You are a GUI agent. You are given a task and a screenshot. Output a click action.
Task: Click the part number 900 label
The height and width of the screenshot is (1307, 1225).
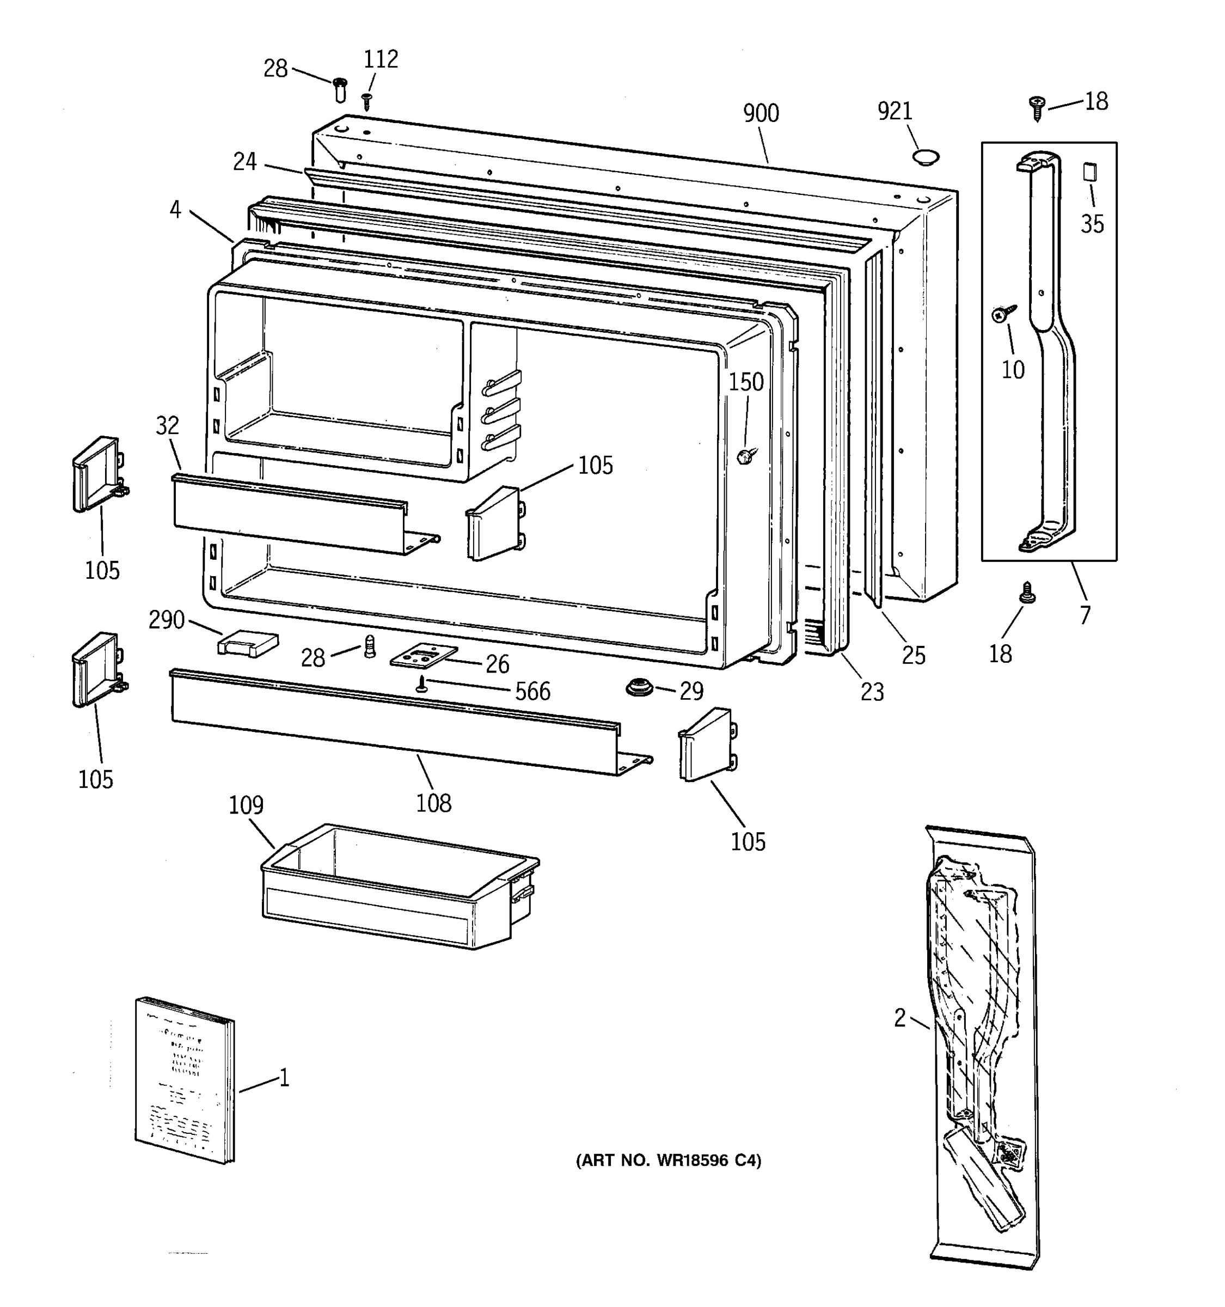point(761,113)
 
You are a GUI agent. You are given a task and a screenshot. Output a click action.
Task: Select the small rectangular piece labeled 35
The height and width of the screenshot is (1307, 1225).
point(1089,172)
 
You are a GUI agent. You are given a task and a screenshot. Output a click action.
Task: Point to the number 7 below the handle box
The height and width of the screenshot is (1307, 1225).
point(1085,615)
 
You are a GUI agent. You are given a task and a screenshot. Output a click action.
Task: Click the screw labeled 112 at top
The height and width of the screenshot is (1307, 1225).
point(367,101)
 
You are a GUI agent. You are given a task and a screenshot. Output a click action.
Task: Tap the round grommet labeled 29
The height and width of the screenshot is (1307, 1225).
point(638,688)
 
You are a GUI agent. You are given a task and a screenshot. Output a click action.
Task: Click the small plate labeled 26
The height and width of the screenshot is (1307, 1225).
point(422,657)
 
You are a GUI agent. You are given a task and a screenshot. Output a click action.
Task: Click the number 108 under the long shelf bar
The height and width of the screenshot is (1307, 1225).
point(434,803)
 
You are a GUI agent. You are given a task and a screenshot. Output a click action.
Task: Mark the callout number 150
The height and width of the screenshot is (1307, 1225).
point(746,382)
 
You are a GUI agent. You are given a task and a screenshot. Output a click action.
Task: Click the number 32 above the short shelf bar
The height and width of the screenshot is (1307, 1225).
point(167,425)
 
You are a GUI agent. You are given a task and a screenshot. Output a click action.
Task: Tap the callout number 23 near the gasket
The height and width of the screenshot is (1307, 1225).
point(872,692)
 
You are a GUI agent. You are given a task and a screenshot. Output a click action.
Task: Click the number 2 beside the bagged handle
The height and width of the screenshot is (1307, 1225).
point(899,1018)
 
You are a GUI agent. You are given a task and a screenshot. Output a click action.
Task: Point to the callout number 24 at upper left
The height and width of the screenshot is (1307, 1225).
point(244,161)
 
